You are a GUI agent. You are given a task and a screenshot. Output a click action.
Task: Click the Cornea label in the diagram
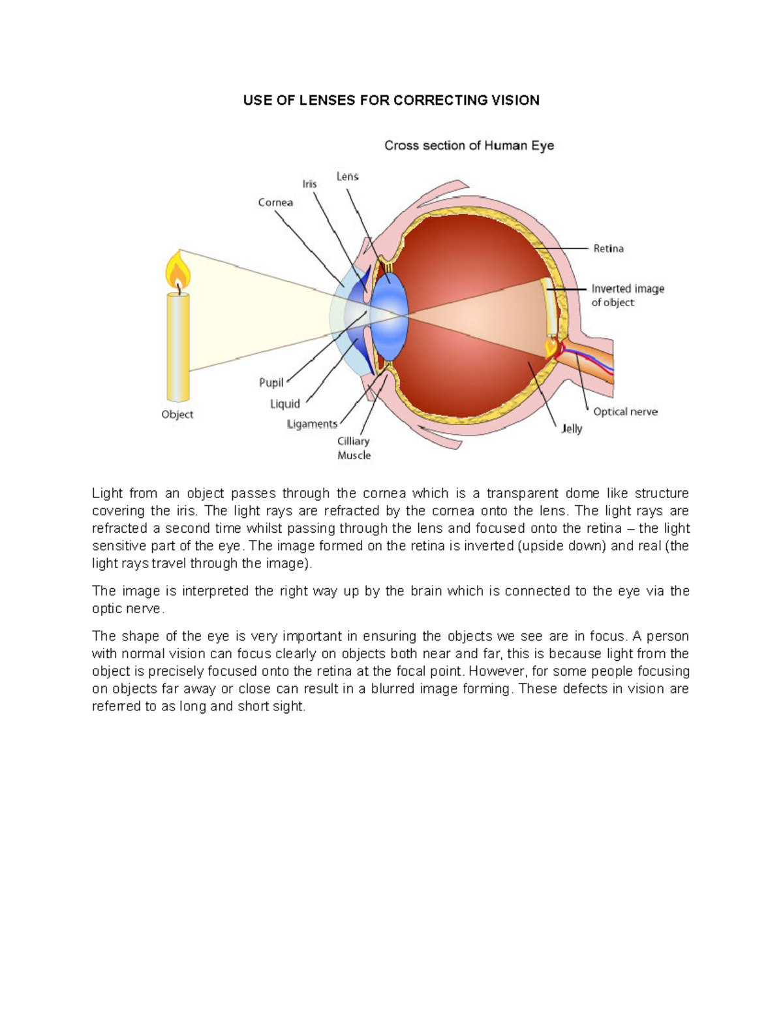[275, 202]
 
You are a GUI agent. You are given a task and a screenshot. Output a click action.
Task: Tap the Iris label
[309, 184]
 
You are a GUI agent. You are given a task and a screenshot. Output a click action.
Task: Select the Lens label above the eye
[347, 176]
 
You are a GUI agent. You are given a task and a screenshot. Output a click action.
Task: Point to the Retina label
[608, 249]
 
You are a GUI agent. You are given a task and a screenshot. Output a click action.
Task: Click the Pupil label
[271, 383]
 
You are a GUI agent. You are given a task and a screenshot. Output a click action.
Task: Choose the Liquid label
[285, 404]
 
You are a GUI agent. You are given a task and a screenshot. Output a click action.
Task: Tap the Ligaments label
[312, 424]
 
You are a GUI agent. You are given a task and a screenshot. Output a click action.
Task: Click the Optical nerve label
[625, 412]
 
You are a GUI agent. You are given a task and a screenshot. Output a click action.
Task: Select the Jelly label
[572, 429]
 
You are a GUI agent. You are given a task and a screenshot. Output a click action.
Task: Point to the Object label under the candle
[177, 415]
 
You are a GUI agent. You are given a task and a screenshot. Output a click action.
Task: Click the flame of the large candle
[177, 271]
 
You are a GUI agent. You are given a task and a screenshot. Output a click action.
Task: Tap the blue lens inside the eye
[390, 313]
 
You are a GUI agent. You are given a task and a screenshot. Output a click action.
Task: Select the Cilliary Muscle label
[354, 449]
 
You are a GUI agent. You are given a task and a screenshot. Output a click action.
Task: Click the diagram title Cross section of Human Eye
[468, 146]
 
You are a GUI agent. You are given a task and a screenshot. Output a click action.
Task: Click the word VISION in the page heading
[515, 101]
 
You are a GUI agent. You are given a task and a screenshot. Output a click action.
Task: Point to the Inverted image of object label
[627, 295]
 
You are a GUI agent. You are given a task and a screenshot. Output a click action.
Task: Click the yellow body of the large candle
[177, 346]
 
